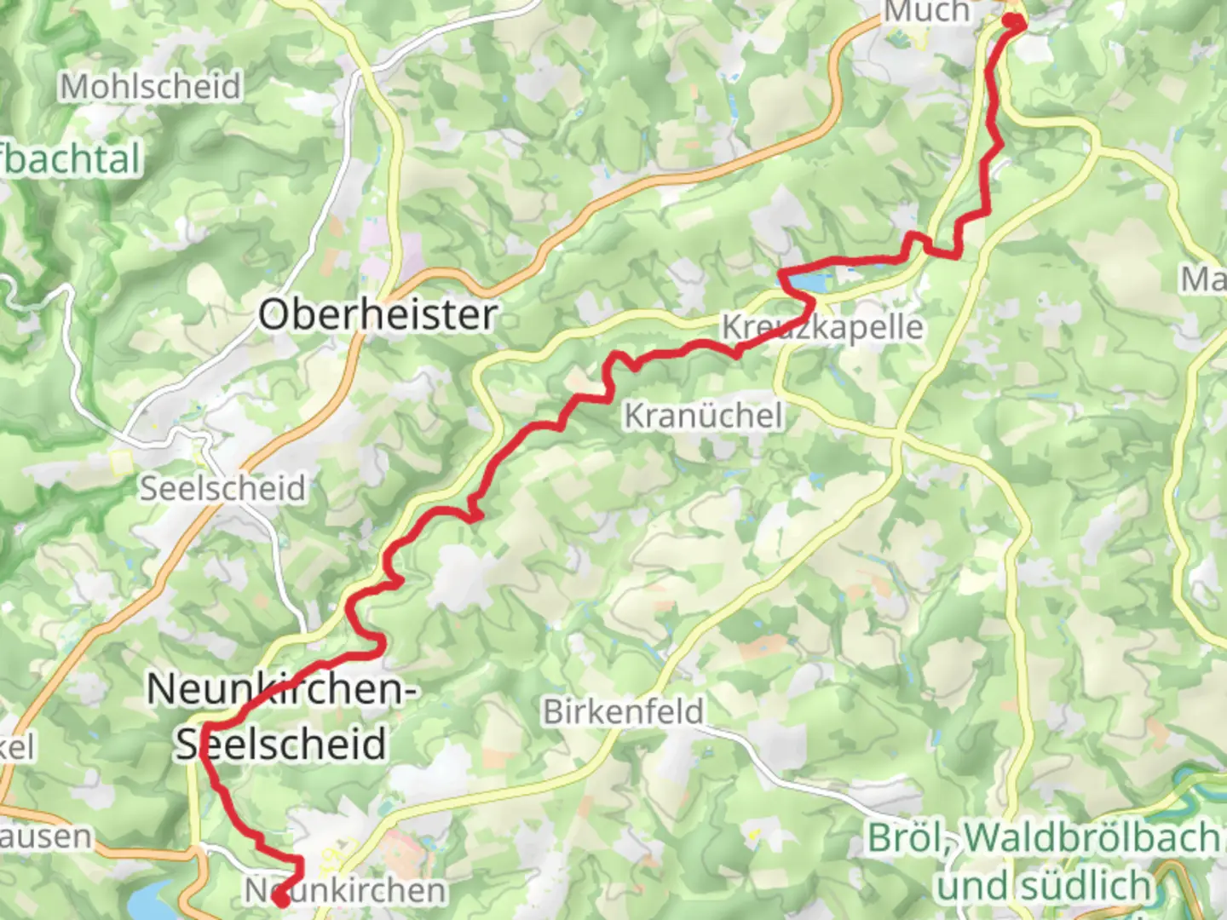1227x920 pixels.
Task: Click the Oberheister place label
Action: (x=377, y=314)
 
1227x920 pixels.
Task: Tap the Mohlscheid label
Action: (x=150, y=86)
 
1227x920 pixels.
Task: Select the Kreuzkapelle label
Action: (x=822, y=327)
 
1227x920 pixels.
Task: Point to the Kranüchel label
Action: (x=703, y=416)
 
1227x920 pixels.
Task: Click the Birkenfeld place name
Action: (x=624, y=711)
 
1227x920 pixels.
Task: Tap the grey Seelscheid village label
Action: (x=222, y=488)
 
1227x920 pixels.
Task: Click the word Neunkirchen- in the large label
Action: (x=282, y=688)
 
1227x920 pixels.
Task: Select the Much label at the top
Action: (x=926, y=12)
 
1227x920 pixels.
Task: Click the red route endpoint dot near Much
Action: (x=1012, y=21)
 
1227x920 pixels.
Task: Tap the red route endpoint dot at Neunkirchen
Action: (x=279, y=897)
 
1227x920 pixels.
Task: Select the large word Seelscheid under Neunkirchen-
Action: (x=281, y=744)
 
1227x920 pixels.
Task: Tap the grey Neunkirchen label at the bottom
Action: (x=345, y=890)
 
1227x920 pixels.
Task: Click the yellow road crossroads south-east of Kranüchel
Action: (x=896, y=436)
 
